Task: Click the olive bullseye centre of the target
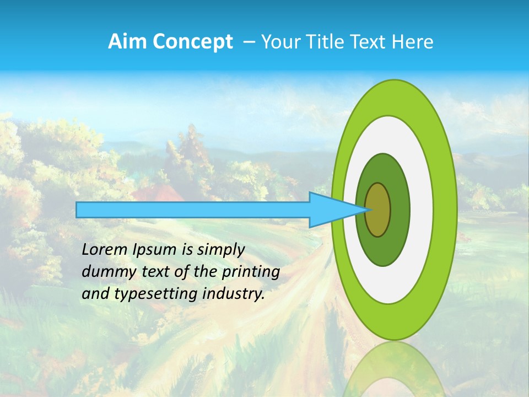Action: (x=378, y=210)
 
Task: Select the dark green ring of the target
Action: (x=400, y=210)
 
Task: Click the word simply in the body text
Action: (x=220, y=250)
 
